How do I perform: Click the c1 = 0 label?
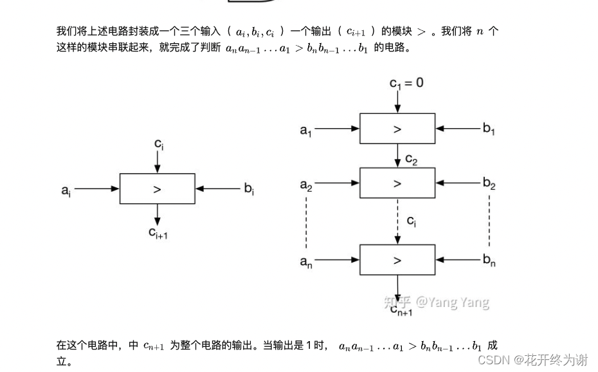click(406, 83)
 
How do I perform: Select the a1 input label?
click(305, 130)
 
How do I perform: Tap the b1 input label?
click(489, 129)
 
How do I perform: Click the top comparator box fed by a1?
click(397, 129)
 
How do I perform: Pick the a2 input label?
click(306, 185)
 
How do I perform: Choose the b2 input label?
click(489, 185)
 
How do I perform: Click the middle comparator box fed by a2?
click(397, 183)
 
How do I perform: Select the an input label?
click(306, 261)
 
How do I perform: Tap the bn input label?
click(489, 261)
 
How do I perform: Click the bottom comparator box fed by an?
click(397, 260)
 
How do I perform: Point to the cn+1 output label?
click(401, 310)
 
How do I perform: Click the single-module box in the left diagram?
click(158, 189)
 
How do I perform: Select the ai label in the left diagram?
click(66, 190)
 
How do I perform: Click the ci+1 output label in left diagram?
click(158, 232)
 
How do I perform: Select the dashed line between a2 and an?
click(307, 223)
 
